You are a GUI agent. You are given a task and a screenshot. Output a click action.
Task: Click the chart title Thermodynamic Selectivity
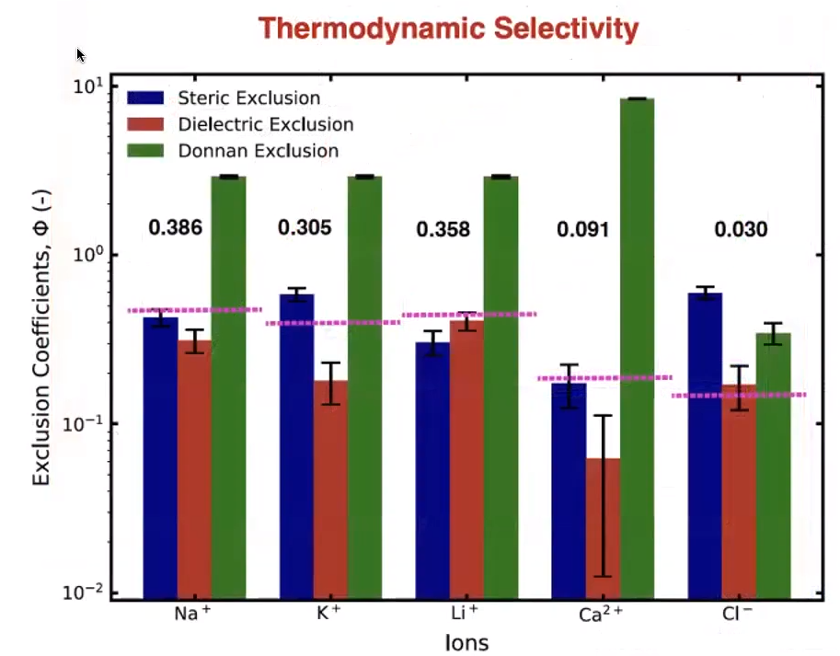448,29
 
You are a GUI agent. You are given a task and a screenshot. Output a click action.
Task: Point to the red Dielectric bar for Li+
466,460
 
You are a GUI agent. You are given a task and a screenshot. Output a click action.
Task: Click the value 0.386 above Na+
176,227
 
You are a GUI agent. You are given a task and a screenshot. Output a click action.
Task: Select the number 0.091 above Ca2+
583,229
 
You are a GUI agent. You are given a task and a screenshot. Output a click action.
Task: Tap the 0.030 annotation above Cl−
741,229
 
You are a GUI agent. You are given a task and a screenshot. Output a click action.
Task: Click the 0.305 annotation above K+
305,227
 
